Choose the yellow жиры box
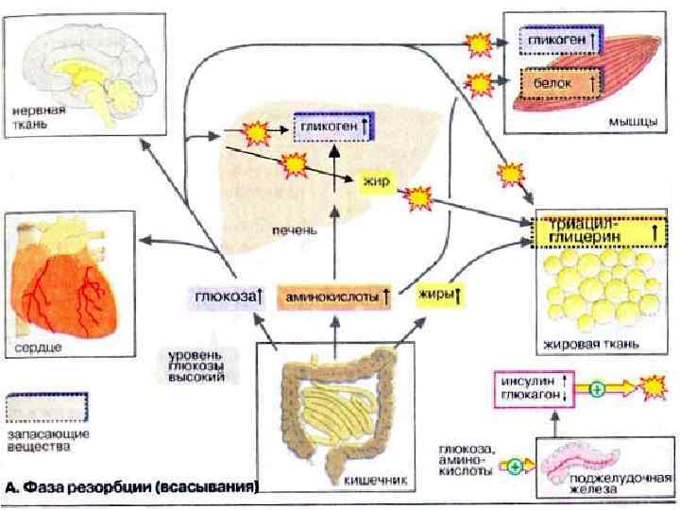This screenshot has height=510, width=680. [x=438, y=297]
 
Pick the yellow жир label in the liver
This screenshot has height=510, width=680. [x=375, y=181]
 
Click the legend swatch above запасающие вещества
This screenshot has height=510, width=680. [x=47, y=407]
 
